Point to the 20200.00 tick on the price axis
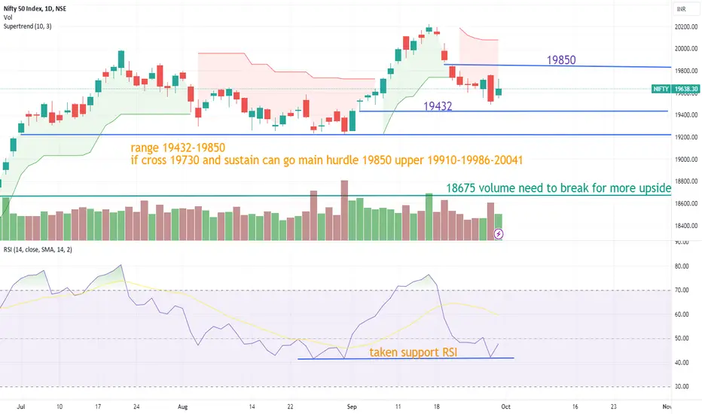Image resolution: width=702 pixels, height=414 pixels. pos(683,27)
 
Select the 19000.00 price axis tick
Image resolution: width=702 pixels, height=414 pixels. pos(683,160)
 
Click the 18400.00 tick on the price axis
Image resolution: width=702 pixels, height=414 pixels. pos(683,226)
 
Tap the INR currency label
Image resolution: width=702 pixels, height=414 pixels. pos(682,9)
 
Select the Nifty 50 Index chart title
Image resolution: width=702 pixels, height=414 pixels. pos(39,8)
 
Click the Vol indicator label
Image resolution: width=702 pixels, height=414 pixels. pos(8,18)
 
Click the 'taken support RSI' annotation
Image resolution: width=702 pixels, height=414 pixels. pos(414,352)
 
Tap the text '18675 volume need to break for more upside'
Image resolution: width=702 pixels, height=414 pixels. pos(557,188)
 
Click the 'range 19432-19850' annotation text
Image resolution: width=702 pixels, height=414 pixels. pos(178,147)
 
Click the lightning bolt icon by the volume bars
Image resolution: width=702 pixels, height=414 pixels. pos(499,234)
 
